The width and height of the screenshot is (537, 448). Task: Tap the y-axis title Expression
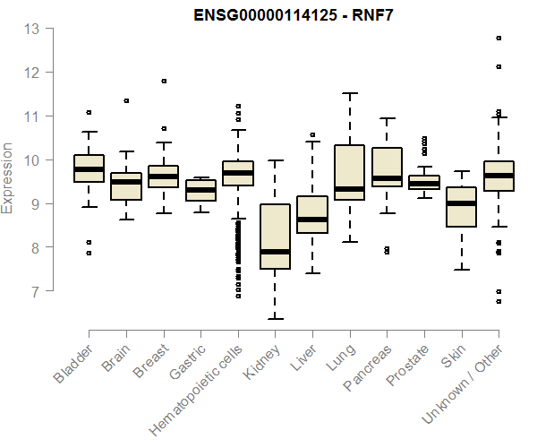8,177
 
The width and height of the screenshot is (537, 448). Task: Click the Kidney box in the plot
275,237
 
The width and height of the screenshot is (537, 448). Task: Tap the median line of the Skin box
461,203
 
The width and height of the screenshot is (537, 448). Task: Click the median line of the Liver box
312,219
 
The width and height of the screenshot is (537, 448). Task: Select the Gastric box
200,190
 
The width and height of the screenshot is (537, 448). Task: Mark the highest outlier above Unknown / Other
499,38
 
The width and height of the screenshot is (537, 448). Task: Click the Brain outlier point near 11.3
126,101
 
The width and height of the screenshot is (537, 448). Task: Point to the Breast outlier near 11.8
164,81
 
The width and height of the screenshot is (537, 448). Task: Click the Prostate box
424,182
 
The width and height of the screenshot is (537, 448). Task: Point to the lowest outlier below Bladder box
89,254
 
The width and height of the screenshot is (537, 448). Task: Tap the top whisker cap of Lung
349,93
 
